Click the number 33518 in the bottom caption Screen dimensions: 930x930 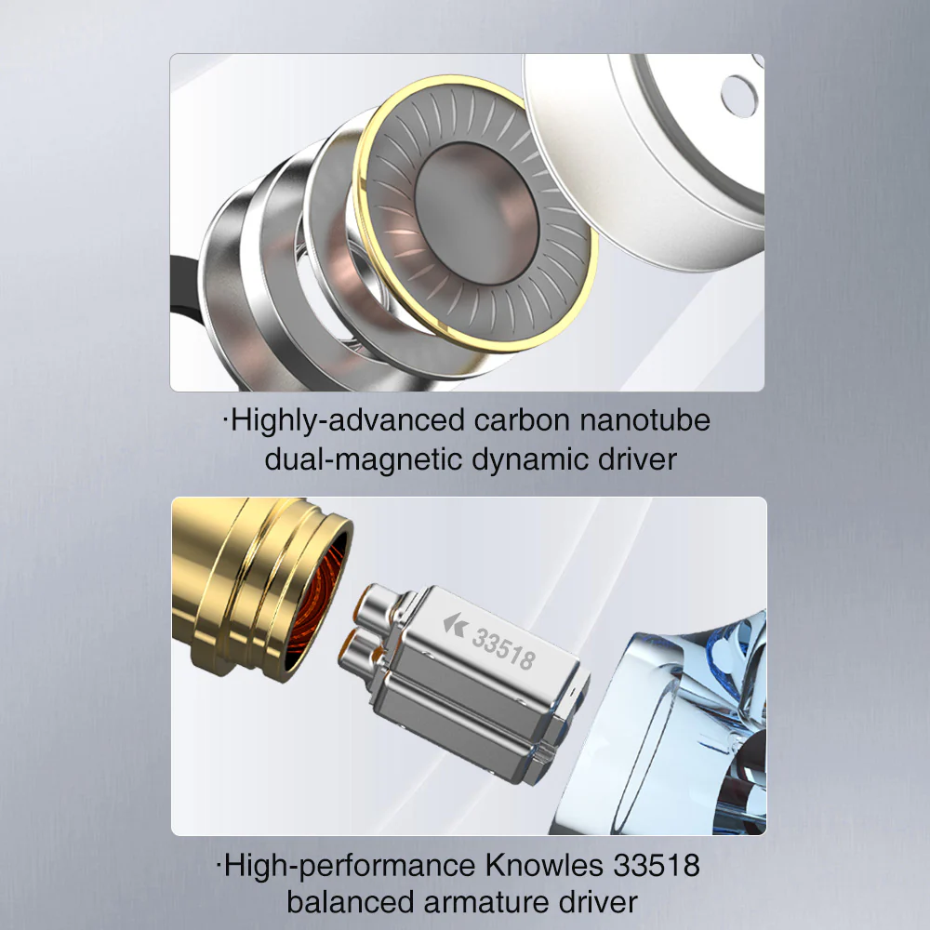coord(656,866)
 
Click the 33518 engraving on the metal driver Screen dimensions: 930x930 coord(503,649)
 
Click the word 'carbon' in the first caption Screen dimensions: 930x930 coord(520,420)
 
